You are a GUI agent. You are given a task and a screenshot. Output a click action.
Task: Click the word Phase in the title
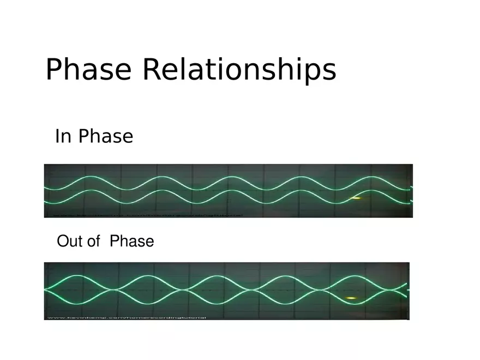88,70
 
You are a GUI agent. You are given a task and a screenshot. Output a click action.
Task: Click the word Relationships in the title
239,70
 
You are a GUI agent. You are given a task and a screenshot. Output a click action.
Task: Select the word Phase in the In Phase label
105,136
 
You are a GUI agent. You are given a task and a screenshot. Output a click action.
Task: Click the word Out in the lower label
69,241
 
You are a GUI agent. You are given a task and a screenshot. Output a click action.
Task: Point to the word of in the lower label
93,241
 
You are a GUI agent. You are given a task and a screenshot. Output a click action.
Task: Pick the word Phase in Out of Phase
131,241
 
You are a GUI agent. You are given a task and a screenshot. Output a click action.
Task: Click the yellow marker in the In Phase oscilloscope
355,198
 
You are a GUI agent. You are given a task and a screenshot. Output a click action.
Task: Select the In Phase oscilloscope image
228,190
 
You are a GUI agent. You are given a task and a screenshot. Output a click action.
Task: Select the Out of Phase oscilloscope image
226,291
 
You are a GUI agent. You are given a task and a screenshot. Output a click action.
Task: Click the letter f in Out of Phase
97,241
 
